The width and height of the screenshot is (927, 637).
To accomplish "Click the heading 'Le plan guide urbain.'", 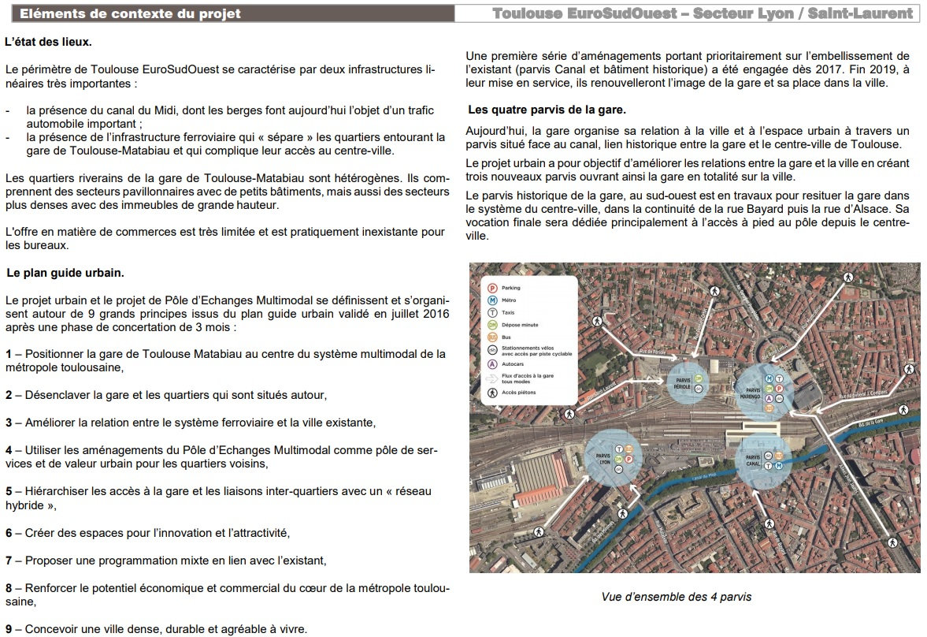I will point(65,273).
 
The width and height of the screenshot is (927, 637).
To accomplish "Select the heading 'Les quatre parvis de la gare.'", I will point(547,110).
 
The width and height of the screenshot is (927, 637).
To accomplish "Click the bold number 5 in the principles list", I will point(9,491).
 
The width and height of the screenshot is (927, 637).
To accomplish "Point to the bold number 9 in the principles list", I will point(9,629).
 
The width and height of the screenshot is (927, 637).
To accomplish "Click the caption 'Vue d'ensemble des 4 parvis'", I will point(676,597).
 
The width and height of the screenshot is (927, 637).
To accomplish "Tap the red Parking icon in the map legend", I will point(493,288).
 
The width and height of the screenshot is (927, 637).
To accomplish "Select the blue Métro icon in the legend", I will point(493,300).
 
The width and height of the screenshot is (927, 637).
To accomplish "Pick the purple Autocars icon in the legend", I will point(493,364).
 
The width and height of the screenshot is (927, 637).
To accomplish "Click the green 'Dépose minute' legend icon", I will point(493,324).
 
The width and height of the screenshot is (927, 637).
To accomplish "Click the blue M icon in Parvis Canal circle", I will point(778,466).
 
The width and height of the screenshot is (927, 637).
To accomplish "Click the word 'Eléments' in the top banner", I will point(49,13).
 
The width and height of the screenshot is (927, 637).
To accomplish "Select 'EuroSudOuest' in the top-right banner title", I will point(621,13).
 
